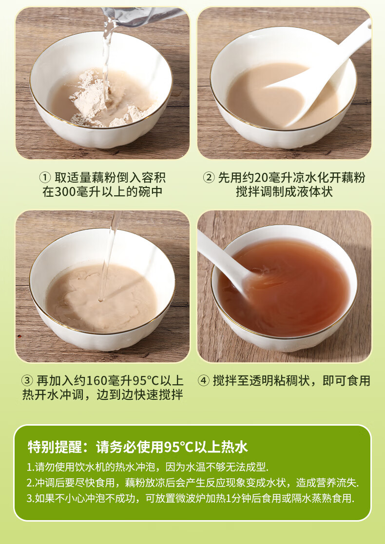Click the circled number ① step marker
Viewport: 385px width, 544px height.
point(45,178)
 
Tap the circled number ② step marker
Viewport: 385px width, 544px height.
point(209,178)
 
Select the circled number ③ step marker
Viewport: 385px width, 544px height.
point(27,381)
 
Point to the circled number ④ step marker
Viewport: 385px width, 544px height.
point(204,381)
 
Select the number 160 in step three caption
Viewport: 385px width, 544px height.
point(96,381)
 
